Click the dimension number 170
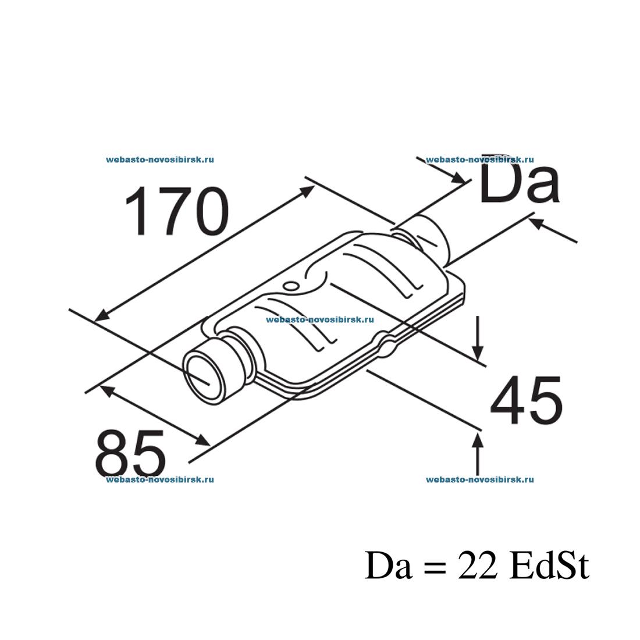[176, 211]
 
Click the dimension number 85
[130, 454]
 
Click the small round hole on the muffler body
[290, 285]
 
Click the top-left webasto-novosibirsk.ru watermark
[160, 159]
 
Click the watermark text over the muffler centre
[319, 319]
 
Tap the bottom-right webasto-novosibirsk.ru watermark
[480, 479]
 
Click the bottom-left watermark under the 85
[160, 479]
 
